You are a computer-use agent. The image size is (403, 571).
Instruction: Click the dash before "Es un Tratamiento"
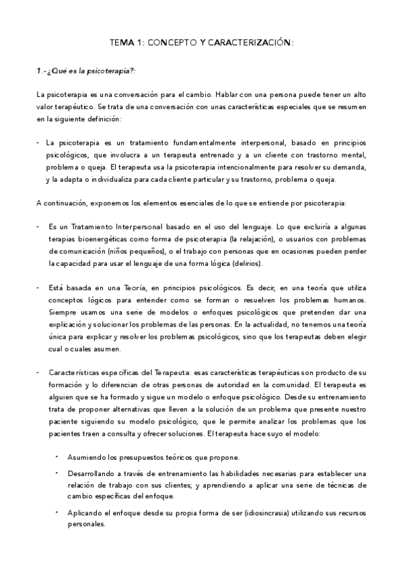tap(38, 226)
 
